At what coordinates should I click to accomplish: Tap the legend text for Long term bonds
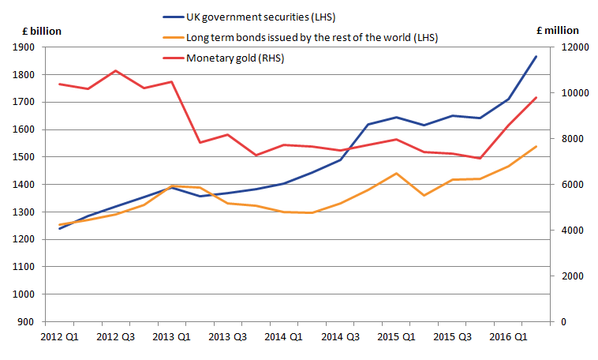[311, 37]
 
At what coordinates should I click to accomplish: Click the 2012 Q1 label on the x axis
[60, 337]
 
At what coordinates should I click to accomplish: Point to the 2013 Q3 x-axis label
[228, 337]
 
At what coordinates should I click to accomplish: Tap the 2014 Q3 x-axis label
[340, 337]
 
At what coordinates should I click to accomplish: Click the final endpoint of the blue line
[536, 56]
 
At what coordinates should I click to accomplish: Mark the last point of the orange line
[536, 146]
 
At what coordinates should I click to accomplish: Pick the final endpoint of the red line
[536, 98]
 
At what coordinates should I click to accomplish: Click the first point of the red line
[60, 84]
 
